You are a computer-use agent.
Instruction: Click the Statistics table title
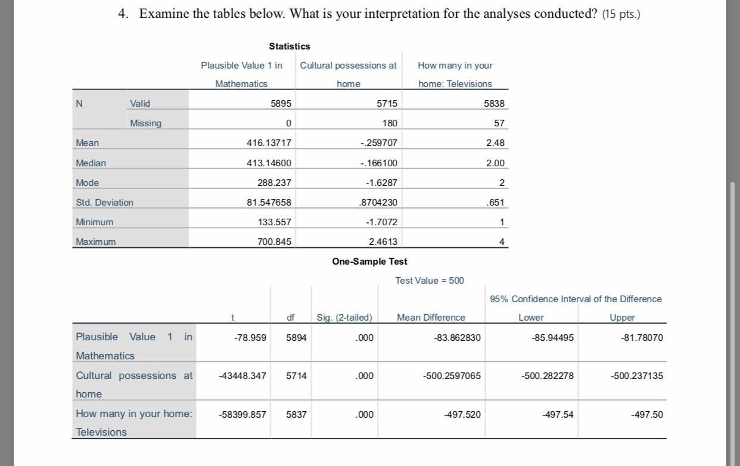[289, 46]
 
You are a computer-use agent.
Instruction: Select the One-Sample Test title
[369, 261]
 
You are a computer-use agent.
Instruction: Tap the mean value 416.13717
[269, 143]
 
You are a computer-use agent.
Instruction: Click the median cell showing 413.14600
[269, 163]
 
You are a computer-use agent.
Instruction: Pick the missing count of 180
[389, 123]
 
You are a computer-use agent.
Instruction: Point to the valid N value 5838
[494, 104]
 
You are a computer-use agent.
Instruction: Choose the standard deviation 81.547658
[269, 203]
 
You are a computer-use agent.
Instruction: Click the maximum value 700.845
[274, 242]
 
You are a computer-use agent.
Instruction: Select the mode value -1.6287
[381, 183]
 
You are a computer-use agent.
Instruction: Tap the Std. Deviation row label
[105, 203]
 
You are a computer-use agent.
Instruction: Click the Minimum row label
[94, 222]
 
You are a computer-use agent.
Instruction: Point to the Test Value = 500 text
[429, 280]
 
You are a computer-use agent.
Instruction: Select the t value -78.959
[250, 337]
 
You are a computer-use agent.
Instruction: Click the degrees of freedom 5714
[296, 376]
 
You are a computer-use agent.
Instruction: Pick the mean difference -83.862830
[457, 338]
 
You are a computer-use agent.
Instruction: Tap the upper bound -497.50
[646, 414]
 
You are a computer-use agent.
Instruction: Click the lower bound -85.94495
[552, 338]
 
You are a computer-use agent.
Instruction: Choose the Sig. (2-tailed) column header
[344, 318]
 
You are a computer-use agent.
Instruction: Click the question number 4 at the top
[123, 14]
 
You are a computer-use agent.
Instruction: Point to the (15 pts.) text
[621, 14]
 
